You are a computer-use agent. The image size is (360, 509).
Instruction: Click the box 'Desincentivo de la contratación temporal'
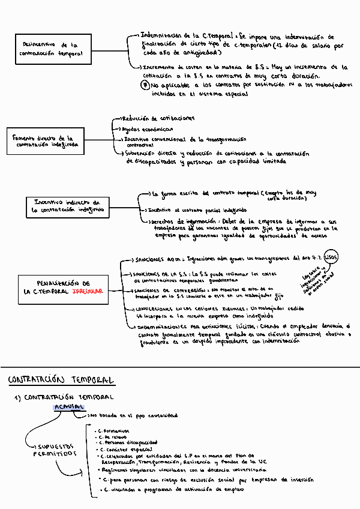click(x=53, y=49)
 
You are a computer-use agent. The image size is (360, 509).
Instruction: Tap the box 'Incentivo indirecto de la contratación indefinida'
click(x=67, y=206)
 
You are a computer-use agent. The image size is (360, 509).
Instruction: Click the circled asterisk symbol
click(x=146, y=85)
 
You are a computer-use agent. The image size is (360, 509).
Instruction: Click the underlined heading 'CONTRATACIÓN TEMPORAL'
click(x=60, y=380)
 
